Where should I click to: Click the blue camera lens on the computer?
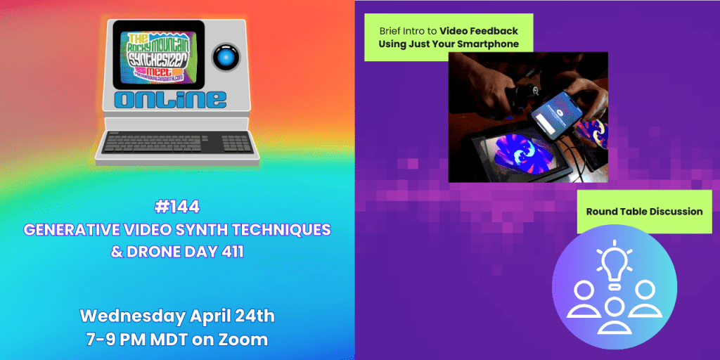pyautogui.click(x=224, y=56)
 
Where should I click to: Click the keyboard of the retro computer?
pyautogui.click(x=163, y=143)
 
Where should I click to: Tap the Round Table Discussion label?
pyautogui.click(x=644, y=211)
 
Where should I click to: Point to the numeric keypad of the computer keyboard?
pyautogui.click(x=236, y=143)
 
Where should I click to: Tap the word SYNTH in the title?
pyautogui.click(x=212, y=229)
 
